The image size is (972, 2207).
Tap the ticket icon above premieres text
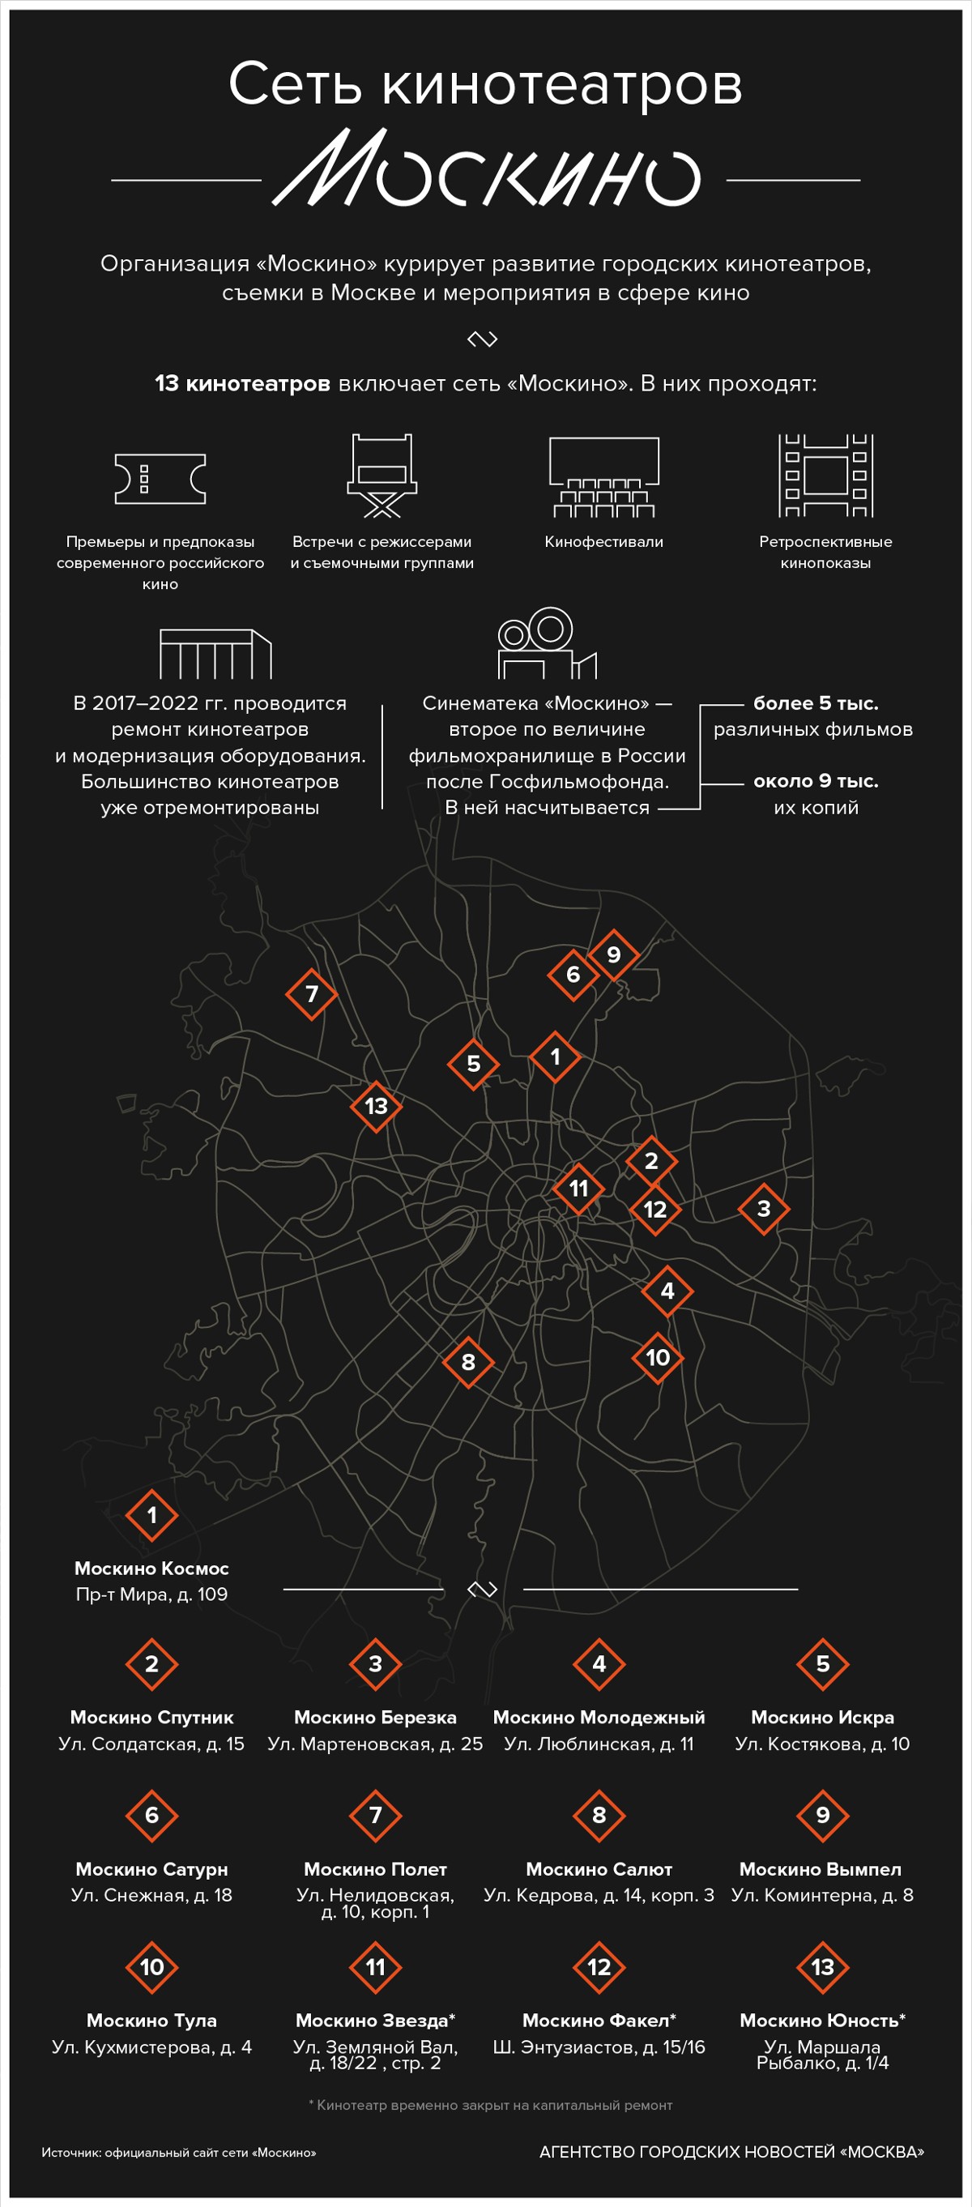tap(160, 478)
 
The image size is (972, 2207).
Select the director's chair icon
tap(382, 476)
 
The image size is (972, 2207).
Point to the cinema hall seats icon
tap(603, 477)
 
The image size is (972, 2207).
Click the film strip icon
tap(825, 476)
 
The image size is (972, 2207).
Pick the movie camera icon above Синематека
tap(547, 643)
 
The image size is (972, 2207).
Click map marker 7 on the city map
tap(312, 994)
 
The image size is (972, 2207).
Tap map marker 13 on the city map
tap(376, 1106)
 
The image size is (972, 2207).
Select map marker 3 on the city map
tap(764, 1209)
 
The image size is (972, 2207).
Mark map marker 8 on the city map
tap(468, 1361)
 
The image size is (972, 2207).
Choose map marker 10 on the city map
tap(658, 1357)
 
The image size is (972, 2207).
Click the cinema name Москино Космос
tap(151, 1568)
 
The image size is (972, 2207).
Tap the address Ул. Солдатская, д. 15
tap(151, 1744)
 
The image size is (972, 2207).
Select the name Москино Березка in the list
tap(375, 1717)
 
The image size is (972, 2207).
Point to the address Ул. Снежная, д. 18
tap(151, 1895)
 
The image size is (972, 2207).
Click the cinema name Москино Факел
tap(599, 2020)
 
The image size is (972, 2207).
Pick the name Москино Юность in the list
tap(822, 2020)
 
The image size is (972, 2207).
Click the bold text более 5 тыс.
tap(816, 703)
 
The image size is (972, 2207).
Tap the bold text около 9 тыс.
tap(816, 780)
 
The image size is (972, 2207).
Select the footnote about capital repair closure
tap(490, 2105)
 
